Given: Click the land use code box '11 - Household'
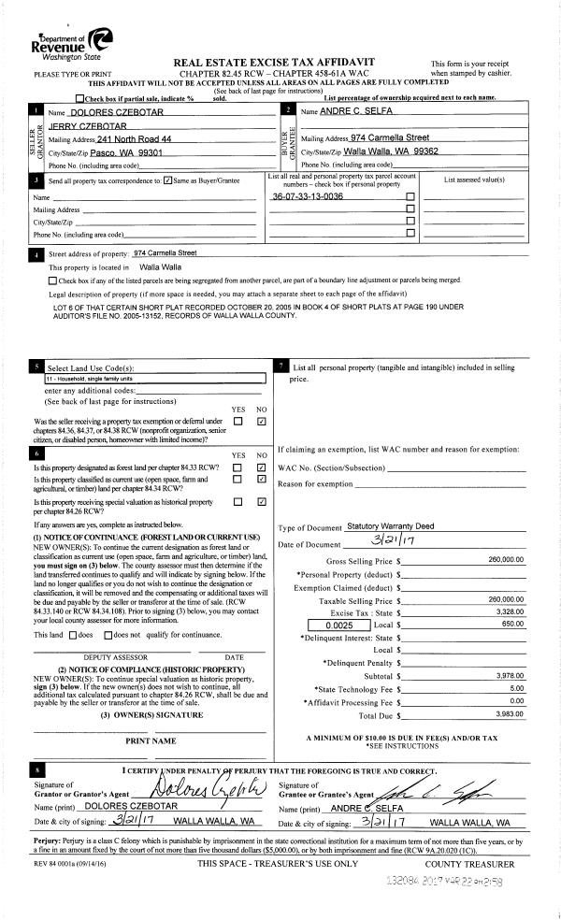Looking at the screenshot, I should tap(84, 380).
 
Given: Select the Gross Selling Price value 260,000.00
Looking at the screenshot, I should tap(506, 559).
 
